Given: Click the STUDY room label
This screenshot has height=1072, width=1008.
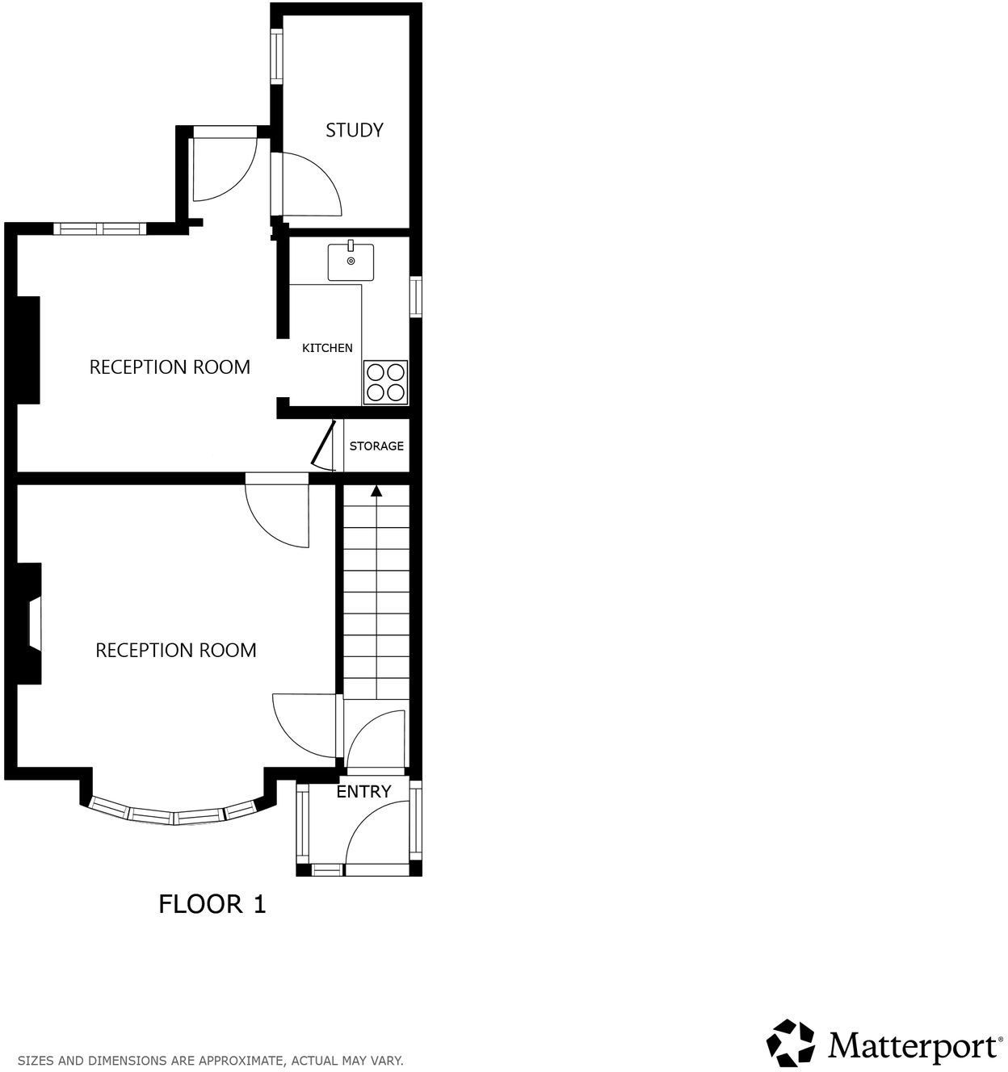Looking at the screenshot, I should [354, 130].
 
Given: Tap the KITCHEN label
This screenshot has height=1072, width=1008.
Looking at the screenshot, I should [327, 348].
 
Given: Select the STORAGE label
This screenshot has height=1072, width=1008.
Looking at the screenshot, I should [376, 446].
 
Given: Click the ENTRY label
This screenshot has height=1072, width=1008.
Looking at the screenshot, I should [363, 792].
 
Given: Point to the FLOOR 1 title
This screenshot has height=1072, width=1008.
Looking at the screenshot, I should [212, 903].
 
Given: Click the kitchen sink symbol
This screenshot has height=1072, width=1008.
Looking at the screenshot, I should [351, 261].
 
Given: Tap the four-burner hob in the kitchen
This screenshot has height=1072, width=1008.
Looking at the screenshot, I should [385, 383].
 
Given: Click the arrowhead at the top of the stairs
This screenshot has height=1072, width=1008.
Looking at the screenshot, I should [376, 490].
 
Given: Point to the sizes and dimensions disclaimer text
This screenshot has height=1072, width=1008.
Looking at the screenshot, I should [211, 1060].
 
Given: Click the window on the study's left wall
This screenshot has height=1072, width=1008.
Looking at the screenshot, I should [276, 56].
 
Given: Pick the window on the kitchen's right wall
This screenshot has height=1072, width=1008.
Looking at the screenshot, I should [416, 296].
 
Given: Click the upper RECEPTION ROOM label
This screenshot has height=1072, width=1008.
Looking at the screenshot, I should [170, 367].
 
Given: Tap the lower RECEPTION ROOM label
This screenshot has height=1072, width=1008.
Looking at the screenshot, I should [176, 651].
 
